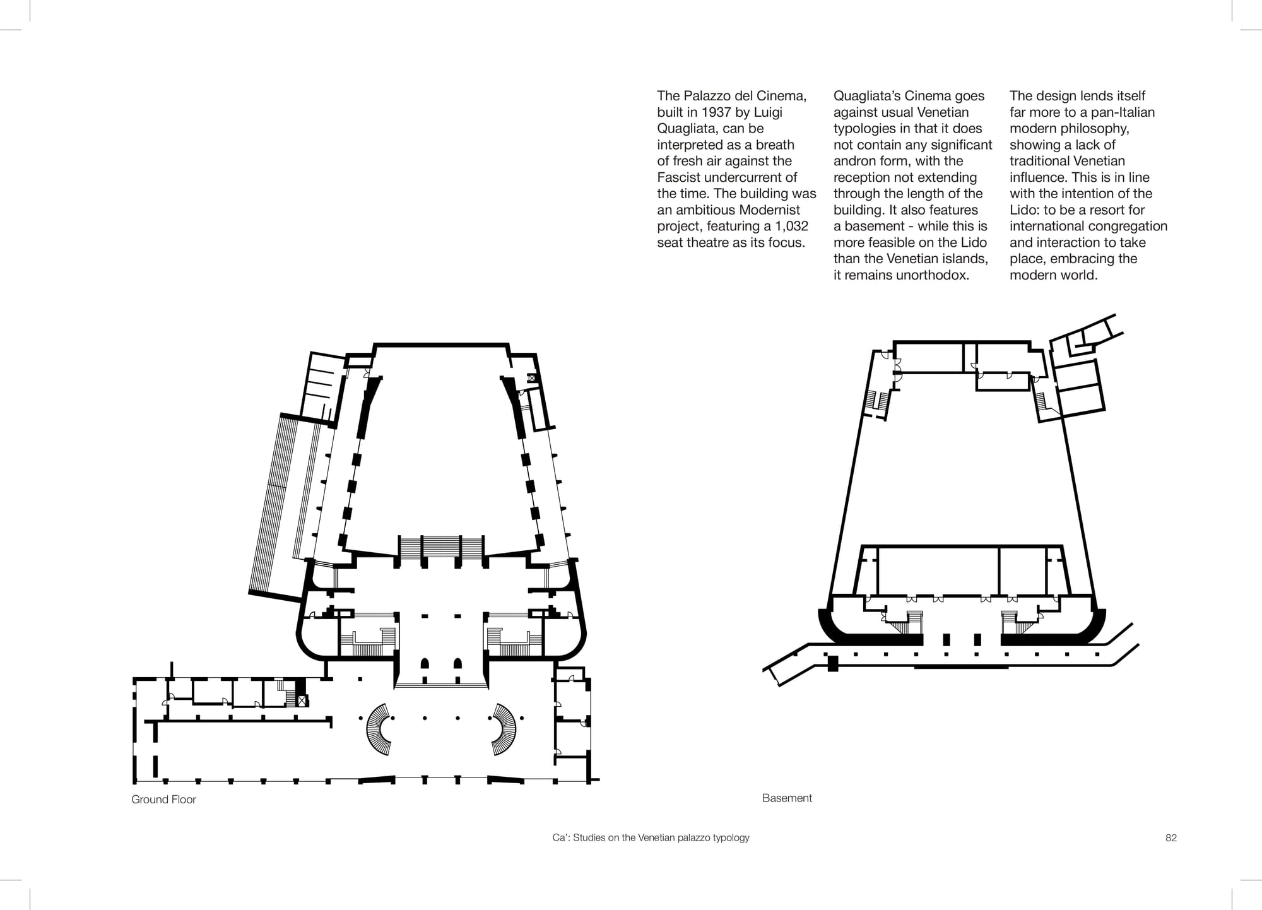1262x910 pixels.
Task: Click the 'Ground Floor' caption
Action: (x=163, y=800)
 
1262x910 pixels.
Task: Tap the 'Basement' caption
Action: (x=787, y=798)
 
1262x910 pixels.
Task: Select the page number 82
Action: (x=1171, y=838)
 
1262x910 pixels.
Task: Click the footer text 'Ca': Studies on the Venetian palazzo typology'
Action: (x=651, y=838)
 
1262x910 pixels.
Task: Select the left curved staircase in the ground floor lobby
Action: (x=377, y=730)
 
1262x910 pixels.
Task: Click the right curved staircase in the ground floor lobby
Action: (x=505, y=730)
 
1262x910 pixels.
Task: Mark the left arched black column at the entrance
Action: (x=425, y=663)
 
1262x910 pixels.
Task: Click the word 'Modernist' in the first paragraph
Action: (x=769, y=210)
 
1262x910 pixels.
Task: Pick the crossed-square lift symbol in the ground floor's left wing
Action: (x=302, y=700)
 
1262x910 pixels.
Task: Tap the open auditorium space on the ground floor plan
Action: (x=441, y=442)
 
